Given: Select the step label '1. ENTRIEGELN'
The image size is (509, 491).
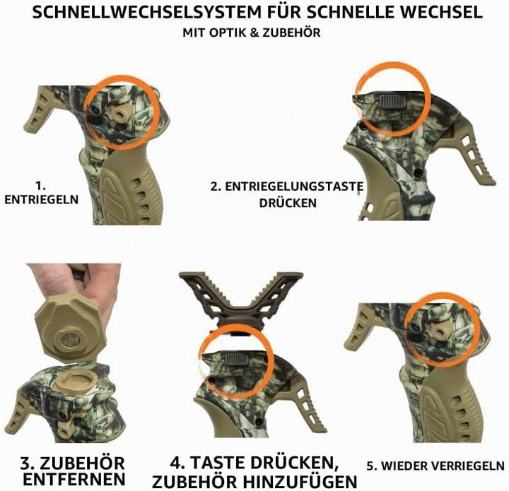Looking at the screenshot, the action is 42,193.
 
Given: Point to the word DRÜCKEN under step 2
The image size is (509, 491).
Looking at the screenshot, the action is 288,203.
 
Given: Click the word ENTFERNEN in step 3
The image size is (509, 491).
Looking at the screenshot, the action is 74,479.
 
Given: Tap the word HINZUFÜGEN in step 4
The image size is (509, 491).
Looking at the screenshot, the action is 300,482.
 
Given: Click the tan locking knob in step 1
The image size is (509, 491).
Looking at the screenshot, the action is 122,113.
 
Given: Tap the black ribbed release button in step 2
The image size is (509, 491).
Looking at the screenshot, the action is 393,101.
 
